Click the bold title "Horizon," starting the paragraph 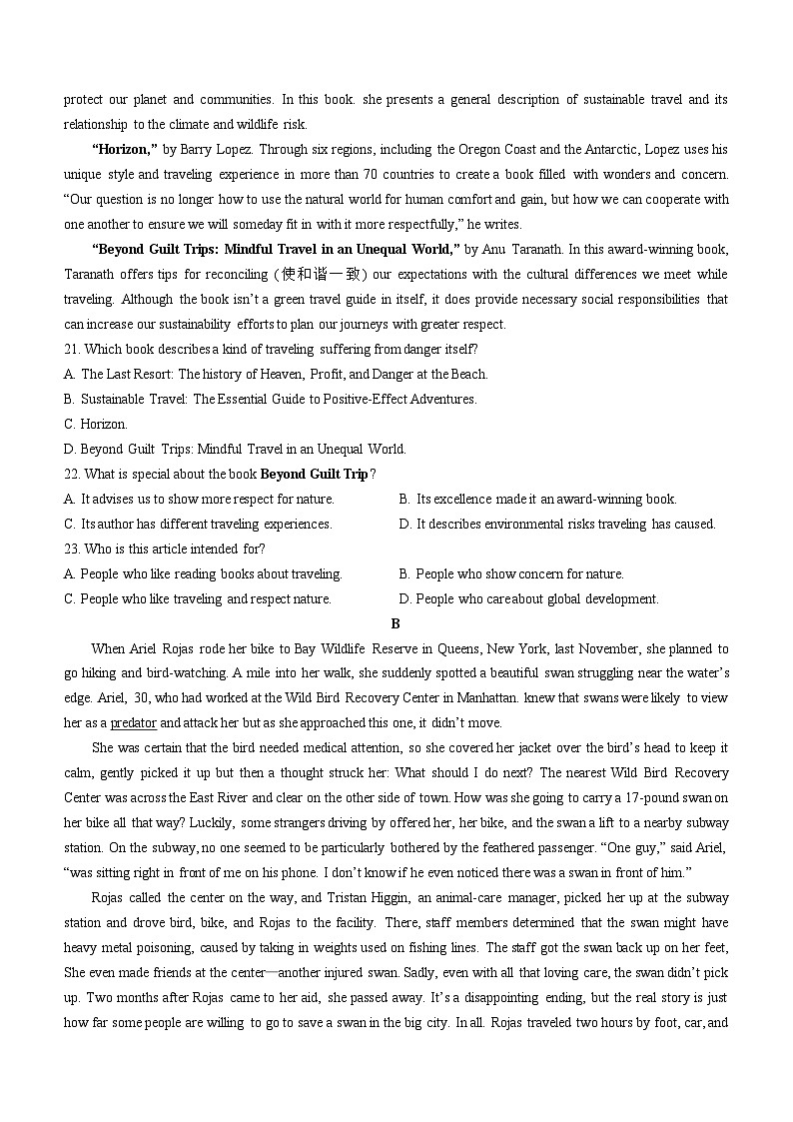click(125, 150)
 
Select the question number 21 click(71, 349)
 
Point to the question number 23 click(71, 549)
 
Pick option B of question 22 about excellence click(537, 499)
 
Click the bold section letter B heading click(396, 623)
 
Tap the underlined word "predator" click(133, 722)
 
